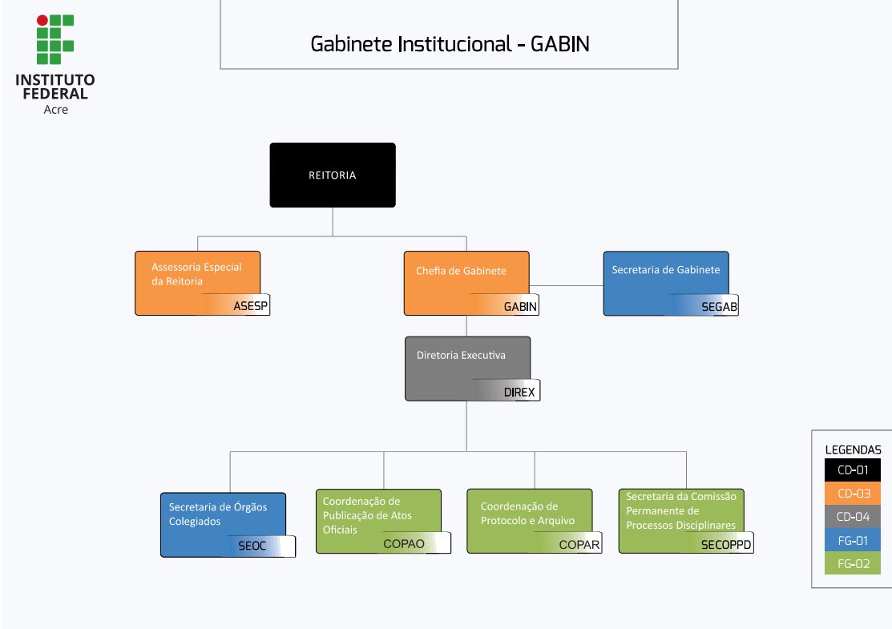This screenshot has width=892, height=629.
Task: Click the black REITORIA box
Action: [x=333, y=175]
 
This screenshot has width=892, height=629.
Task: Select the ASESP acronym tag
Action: [x=250, y=306]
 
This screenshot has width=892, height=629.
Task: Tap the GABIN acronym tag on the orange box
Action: [x=520, y=306]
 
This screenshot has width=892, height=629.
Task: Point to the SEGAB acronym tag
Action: [x=719, y=306]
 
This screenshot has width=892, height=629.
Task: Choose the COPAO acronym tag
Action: [x=404, y=543]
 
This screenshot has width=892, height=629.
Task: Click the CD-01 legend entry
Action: [x=853, y=470]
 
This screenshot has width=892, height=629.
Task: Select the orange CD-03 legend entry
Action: [x=853, y=494]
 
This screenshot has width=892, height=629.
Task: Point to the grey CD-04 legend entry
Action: [x=853, y=517]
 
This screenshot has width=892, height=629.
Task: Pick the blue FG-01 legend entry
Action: [x=853, y=541]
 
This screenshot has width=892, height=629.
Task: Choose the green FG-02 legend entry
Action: [x=853, y=564]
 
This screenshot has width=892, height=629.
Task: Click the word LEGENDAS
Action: [x=853, y=450]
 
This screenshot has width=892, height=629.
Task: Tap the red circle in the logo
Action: [x=42, y=20]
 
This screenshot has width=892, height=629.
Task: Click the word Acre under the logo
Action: [x=55, y=110]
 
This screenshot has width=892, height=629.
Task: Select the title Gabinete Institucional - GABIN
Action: [x=450, y=44]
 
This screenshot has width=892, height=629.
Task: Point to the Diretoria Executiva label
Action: [x=461, y=355]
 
